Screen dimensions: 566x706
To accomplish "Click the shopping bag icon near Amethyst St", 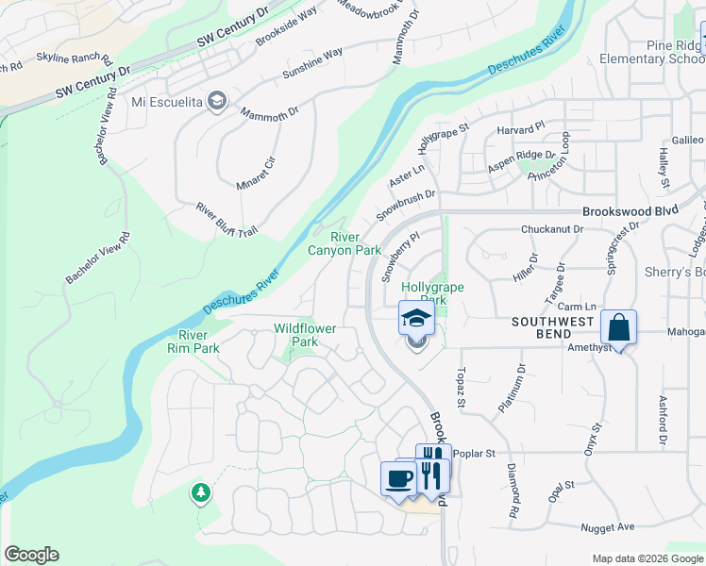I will pos(618,328).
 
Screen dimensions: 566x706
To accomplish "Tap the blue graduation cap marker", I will pos(415,319).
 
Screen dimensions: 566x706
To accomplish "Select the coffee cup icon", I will pos(396,476).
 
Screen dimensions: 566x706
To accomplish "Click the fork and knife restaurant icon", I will pos(432,468).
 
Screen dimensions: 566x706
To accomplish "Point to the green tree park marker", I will pos(200,491).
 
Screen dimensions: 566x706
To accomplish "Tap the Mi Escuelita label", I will pos(168,101).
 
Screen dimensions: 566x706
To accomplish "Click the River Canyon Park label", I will pos(345,243).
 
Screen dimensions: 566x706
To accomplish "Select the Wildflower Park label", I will pos(305,335).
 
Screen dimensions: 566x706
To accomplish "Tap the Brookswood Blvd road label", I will pos(630,213).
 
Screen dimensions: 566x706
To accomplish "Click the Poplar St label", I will pos(474,454).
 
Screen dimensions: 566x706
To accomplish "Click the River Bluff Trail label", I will pos(227,220).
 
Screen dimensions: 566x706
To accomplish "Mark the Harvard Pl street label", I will pos(527,125).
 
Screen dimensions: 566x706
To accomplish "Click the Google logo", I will pos(31,555).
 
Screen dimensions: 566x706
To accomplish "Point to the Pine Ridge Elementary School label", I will pos(651,52).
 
